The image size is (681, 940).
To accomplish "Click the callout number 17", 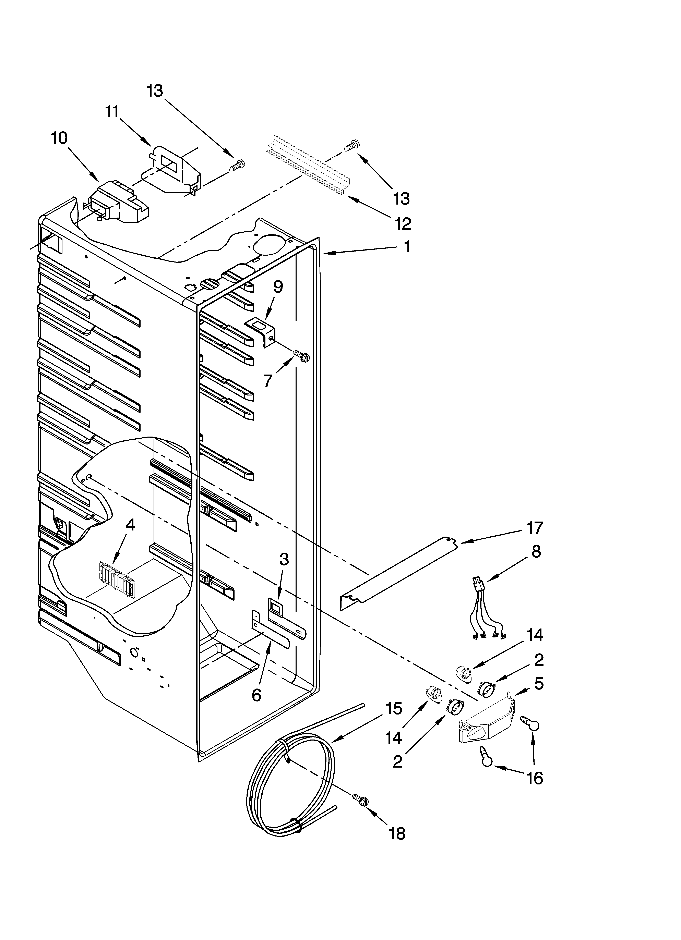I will [x=534, y=528].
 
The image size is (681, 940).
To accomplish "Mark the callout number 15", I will [x=394, y=709].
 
